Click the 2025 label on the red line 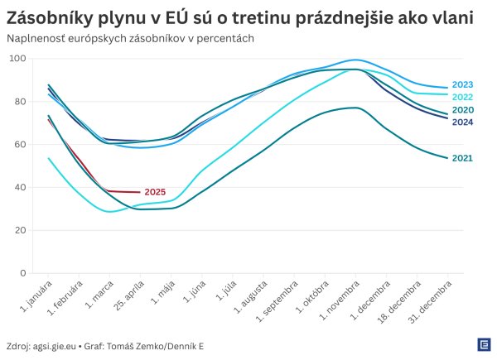click(155, 192)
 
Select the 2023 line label click(463, 84)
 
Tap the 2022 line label click(463, 97)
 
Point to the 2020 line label click(463, 110)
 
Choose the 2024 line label click(463, 122)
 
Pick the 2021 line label click(463, 157)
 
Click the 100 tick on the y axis click(17, 59)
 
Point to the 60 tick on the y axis click(20, 145)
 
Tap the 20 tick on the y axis click(20, 231)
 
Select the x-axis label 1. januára click(36, 296)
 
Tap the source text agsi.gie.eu click(57, 345)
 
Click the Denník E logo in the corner click(483, 344)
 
